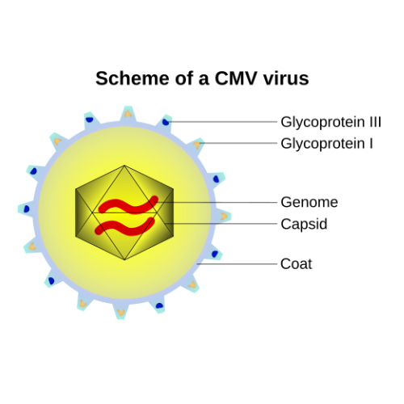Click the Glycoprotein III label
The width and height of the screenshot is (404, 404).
[330, 122]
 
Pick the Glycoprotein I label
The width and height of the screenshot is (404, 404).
[326, 144]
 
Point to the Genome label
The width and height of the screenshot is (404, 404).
[309, 202]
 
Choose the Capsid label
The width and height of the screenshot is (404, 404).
[304, 224]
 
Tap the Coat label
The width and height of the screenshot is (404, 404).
[296, 263]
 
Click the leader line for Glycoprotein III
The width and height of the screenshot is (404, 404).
[226, 122]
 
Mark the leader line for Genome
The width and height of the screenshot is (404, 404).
[218, 202]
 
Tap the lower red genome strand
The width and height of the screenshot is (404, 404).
[125, 224]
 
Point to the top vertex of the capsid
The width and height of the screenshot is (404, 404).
[124, 166]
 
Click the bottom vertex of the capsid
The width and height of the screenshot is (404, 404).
[124, 260]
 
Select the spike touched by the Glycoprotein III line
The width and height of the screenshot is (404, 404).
[166, 122]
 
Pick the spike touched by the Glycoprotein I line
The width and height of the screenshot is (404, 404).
[197, 145]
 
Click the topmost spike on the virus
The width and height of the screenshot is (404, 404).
[127, 113]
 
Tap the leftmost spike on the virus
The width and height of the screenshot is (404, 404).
[25, 208]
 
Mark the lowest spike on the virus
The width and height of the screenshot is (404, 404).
[121, 312]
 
